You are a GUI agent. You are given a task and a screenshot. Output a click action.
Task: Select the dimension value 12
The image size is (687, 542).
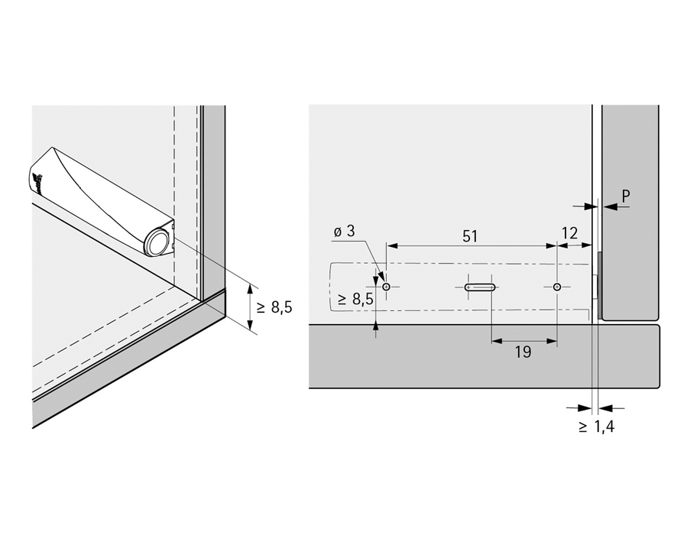click(x=569, y=232)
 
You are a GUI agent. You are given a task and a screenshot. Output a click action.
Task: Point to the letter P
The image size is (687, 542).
click(x=625, y=196)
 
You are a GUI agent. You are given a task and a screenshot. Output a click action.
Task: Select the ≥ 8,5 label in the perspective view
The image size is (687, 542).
click(x=274, y=307)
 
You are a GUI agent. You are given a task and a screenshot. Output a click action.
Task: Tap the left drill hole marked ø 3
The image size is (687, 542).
click(x=387, y=287)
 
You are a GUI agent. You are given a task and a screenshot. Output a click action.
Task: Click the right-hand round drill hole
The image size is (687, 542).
click(x=557, y=287)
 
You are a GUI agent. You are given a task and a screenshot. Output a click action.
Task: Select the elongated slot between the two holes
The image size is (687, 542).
click(x=480, y=287)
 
